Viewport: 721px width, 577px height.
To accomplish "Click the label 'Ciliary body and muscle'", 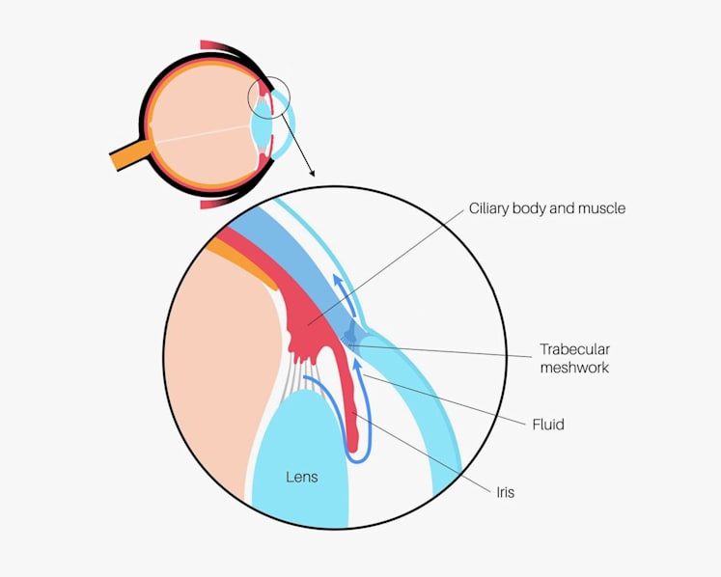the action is coord(546,208).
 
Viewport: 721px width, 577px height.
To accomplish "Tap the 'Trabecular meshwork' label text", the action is coord(575,358).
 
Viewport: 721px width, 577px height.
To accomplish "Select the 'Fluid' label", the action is coord(548,425).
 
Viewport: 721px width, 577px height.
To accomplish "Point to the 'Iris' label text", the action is coord(506,492).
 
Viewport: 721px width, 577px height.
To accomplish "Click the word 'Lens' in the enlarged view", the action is coord(302,477).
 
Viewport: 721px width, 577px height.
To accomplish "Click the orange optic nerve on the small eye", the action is coord(130,155).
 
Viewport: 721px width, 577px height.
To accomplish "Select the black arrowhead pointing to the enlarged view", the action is coord(312,174).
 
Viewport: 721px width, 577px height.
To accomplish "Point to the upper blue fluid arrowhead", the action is coord(338,281).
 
